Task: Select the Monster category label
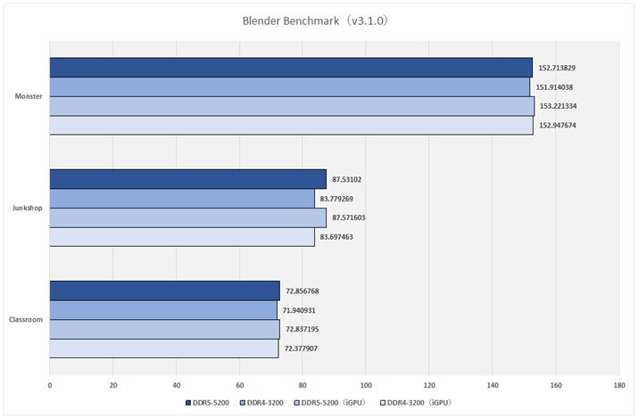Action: coord(29,96)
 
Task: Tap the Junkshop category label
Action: coord(28,208)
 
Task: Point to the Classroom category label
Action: coord(27,319)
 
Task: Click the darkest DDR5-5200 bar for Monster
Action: coord(291,68)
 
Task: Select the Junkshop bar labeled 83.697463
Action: coord(182,237)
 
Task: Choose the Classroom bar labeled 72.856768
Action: coord(165,291)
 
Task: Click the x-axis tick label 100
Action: coord(366,386)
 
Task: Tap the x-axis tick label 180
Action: coord(618,386)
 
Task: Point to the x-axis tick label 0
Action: coord(50,386)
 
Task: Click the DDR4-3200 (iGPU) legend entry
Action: coord(418,403)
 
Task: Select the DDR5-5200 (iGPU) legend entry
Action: coord(333,403)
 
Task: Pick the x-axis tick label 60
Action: coord(239,386)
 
